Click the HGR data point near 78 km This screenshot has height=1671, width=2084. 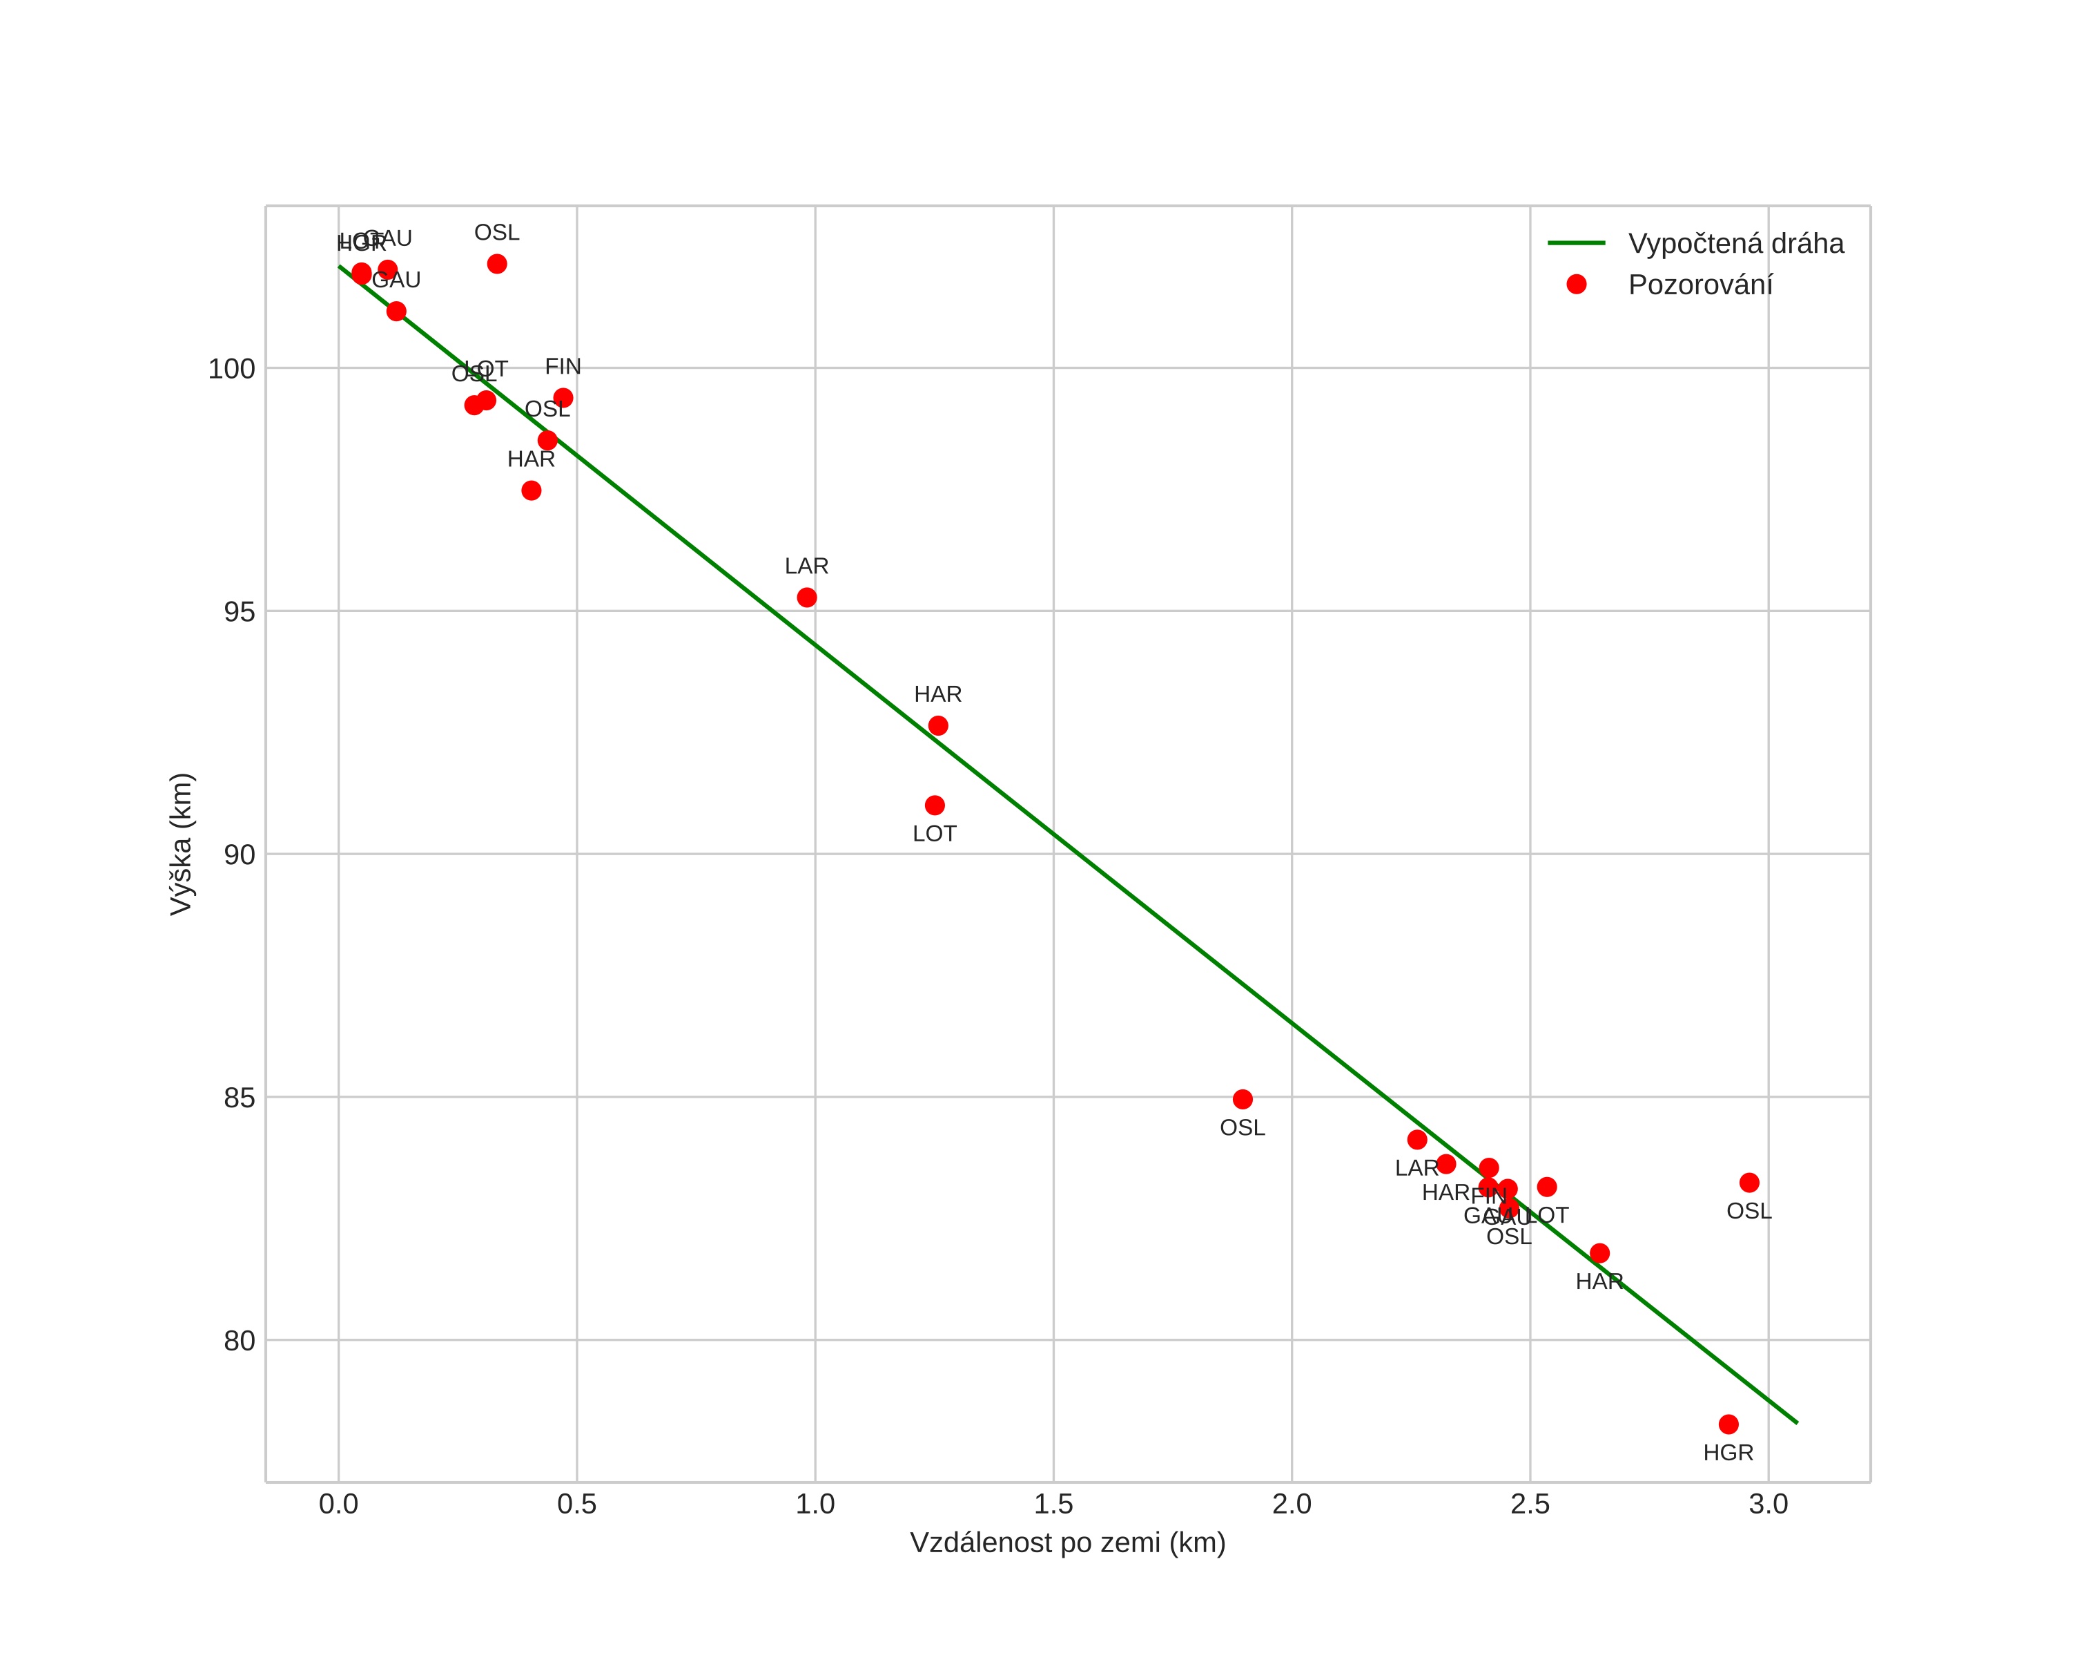point(1728,1424)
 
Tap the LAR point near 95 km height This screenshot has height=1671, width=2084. point(806,598)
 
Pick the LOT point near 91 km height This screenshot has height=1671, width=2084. point(935,805)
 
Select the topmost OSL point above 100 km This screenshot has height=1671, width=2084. point(497,264)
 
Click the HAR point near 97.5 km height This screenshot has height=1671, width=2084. point(531,490)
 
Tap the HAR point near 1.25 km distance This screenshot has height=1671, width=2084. point(937,725)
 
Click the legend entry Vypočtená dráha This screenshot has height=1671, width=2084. point(1735,244)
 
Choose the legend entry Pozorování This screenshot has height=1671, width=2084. point(1700,285)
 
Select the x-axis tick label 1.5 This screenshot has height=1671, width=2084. point(1053,1505)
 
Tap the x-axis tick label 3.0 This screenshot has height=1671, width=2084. point(1768,1505)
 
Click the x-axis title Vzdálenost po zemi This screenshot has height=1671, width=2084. point(1067,1543)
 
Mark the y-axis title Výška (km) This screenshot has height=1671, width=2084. point(182,843)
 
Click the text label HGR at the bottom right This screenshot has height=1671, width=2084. point(1728,1453)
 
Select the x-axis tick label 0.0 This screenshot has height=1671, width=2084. point(338,1505)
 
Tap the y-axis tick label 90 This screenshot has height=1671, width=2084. point(239,854)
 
